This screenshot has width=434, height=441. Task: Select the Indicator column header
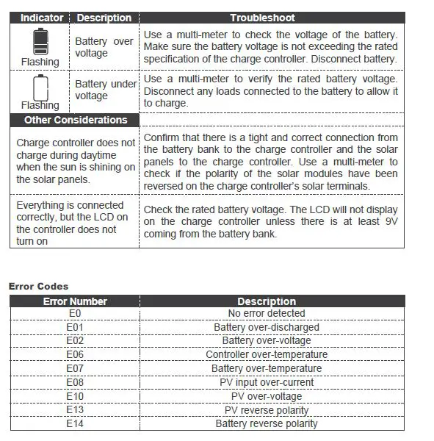coord(41,18)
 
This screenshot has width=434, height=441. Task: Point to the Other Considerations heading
coord(75,120)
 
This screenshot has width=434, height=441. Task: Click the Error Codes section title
coord(38,286)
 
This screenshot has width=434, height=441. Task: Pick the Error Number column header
coord(75,301)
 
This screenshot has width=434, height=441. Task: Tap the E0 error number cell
coord(75,313)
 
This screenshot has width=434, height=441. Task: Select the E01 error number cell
coord(75,327)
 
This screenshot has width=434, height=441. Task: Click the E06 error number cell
coord(75,354)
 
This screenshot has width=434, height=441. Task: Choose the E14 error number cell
coord(75,423)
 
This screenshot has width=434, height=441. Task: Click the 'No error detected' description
coord(267,313)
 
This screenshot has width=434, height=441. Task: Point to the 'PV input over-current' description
coord(267,382)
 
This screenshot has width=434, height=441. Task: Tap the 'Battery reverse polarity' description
coord(267,423)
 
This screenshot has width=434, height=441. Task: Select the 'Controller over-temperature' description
coord(267,354)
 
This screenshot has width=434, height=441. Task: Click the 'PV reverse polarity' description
coord(267,410)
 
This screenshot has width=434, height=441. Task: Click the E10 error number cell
coord(75,396)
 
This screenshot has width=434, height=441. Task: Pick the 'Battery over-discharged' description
coord(267,327)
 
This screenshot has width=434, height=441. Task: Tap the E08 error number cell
coord(75,382)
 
